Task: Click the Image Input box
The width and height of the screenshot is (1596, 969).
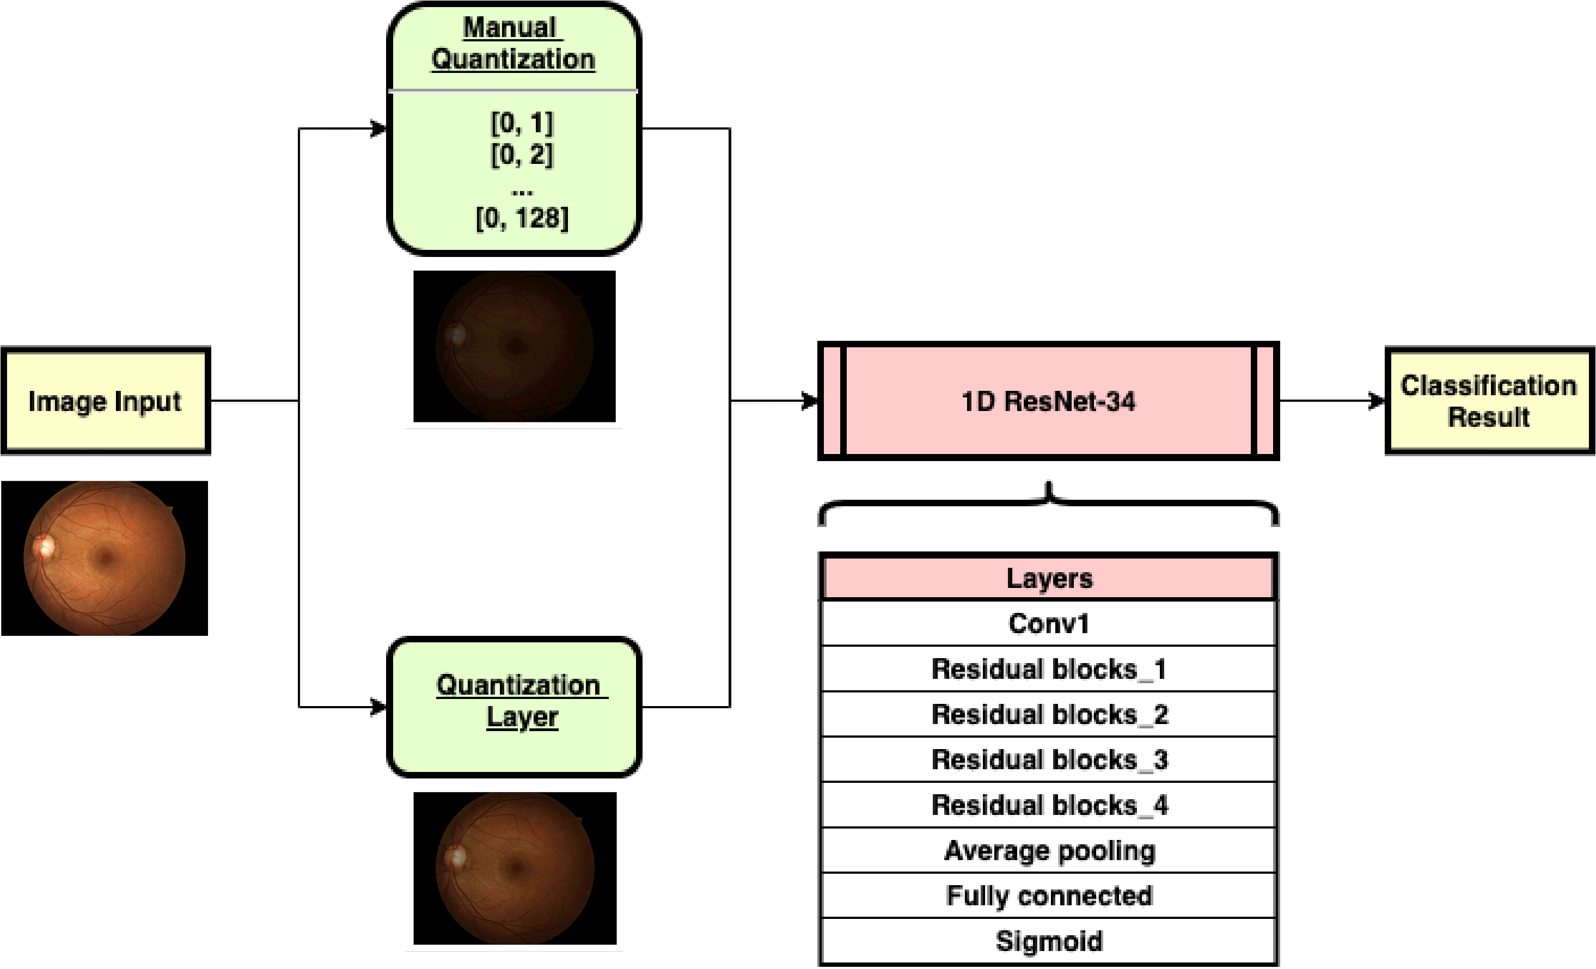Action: [105, 401]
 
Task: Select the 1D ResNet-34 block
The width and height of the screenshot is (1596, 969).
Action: [1048, 401]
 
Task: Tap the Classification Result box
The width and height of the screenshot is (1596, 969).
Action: [1489, 401]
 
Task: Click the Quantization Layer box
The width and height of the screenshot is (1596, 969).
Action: [513, 707]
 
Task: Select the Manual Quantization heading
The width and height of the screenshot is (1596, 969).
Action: [512, 44]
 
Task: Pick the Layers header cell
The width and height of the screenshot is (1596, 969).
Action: [1048, 578]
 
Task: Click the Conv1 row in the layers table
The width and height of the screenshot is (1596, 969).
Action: [1048, 623]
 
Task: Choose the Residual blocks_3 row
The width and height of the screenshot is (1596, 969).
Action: [1048, 759]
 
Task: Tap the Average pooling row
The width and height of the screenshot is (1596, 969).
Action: [1048, 850]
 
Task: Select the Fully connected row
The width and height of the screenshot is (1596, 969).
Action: [1048, 895]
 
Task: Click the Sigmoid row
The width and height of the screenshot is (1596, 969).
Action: [1048, 941]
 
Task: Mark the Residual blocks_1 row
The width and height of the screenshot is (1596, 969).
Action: [1048, 669]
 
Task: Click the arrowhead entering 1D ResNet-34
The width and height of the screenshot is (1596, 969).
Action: [810, 401]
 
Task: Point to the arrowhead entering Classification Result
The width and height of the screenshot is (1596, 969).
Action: [1377, 401]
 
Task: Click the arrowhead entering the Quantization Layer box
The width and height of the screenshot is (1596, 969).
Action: [378, 707]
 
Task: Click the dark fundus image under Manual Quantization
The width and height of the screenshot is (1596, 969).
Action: [514, 347]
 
